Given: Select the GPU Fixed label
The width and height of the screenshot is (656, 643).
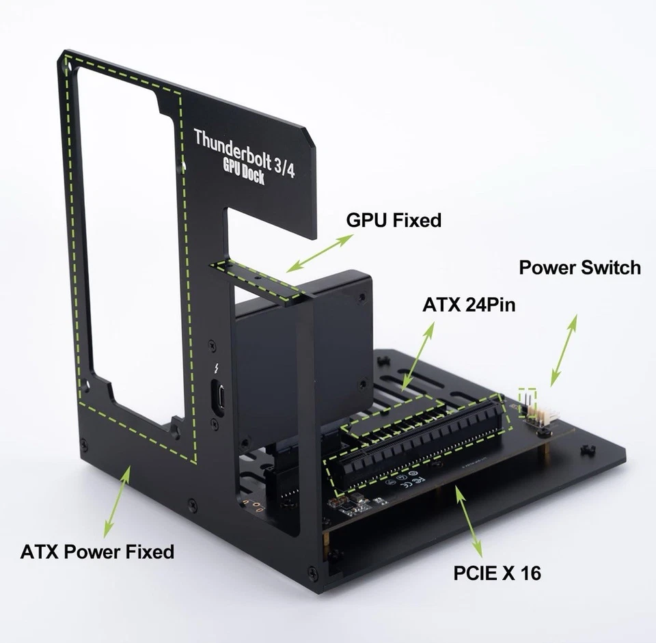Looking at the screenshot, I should pos(394,220).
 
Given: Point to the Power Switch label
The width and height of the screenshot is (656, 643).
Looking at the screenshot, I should pos(579,267).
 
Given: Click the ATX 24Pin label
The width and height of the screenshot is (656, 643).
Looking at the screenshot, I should pos(468,304).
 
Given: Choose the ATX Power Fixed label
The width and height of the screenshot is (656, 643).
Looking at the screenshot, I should pos(97,551).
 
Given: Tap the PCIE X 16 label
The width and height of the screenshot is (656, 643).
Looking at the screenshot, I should pos(497,572).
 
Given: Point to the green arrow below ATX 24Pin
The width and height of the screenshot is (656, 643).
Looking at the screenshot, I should pos(419,355).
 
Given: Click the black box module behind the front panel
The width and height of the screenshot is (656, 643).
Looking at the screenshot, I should pos(301,355).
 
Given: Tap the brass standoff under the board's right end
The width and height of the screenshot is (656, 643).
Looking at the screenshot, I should pos(547,452).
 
